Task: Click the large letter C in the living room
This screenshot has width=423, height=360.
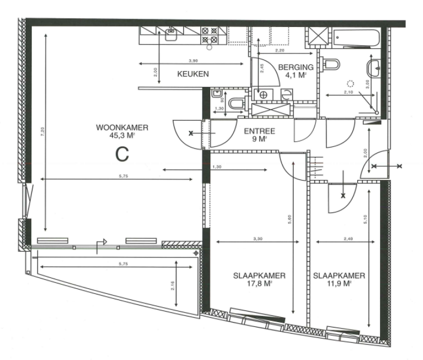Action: point(122,154)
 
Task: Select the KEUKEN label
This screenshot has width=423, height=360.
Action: point(192,73)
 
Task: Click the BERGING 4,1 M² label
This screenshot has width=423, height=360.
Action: point(296,72)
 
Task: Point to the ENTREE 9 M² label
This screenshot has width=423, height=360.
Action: point(256,135)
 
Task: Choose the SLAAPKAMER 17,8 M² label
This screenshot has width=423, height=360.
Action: point(251,280)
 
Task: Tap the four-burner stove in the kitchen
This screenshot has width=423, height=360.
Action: point(209,35)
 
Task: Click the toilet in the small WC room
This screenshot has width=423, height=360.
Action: point(236,103)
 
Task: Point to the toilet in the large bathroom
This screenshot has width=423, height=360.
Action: point(332,64)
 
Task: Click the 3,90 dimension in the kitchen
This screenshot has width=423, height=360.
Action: point(193,61)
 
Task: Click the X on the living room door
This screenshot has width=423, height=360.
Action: point(191,133)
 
